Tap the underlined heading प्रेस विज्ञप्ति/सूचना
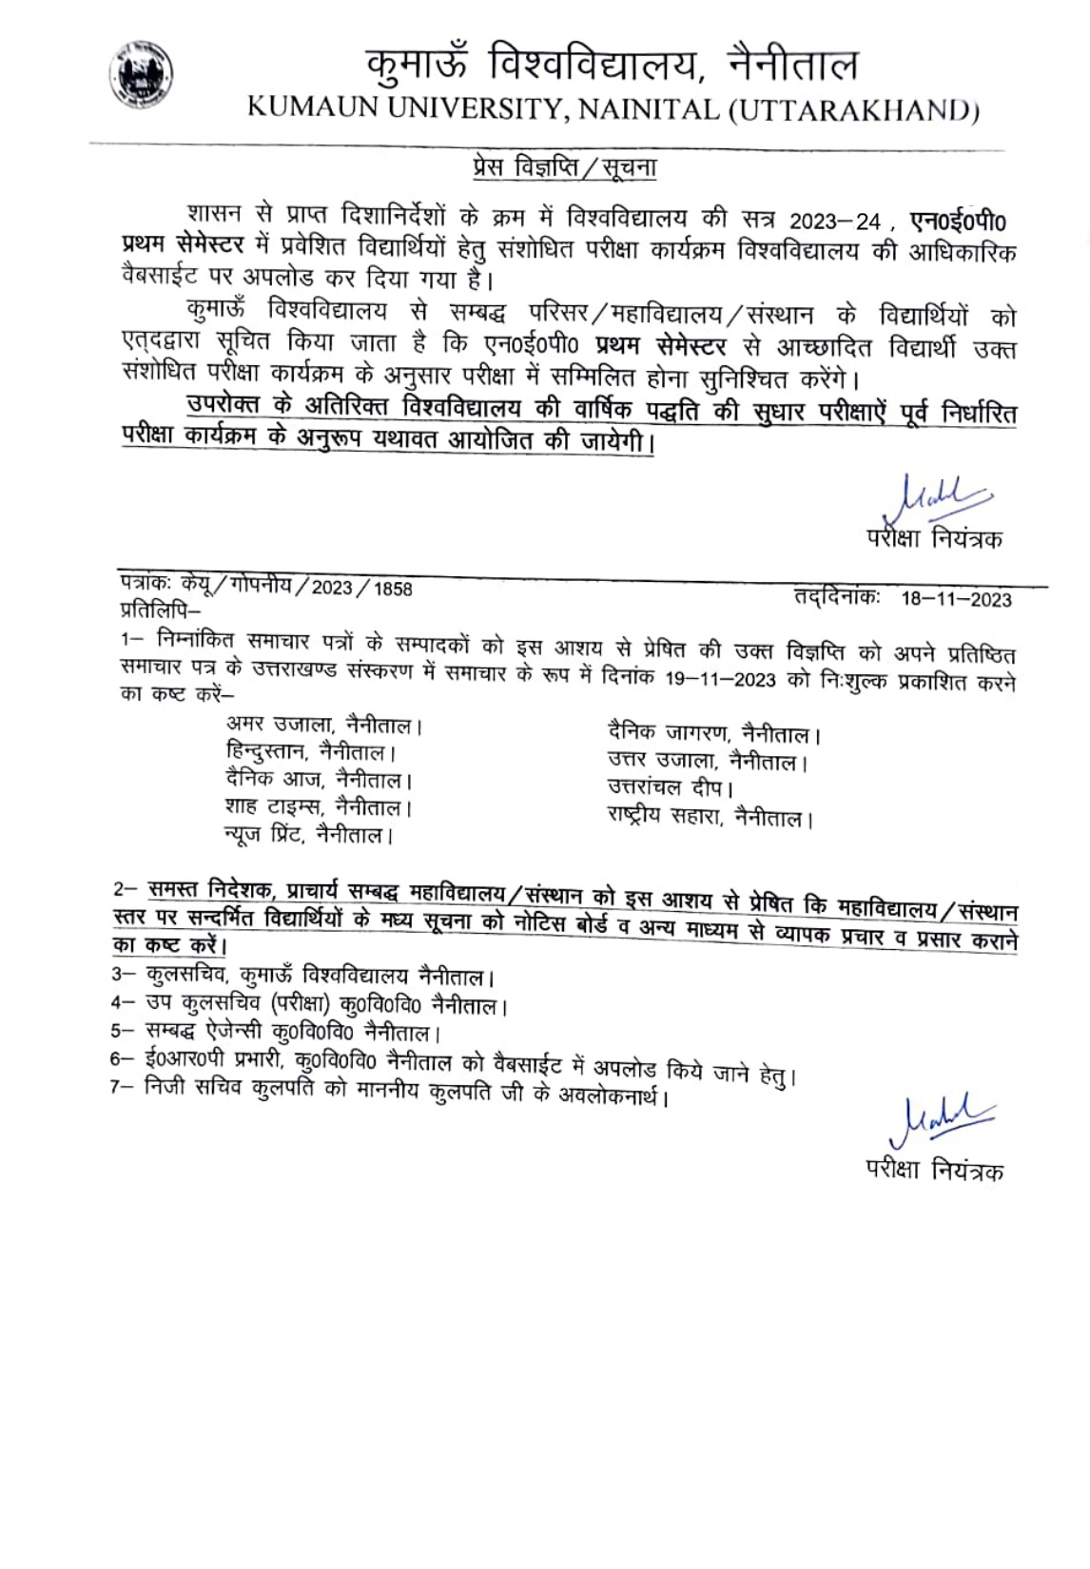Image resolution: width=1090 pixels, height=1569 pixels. [564, 167]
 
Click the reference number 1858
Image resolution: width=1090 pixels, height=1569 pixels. [393, 589]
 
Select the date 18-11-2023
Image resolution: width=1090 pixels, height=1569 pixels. [956, 599]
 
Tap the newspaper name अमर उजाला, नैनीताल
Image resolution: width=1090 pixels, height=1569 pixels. [323, 725]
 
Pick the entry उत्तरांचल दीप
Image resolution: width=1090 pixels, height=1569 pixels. [670, 787]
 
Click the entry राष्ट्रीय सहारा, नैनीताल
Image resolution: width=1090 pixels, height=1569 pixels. [710, 817]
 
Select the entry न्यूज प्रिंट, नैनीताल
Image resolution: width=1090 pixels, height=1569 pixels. [308, 835]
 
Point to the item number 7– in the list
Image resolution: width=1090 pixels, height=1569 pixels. [122, 1086]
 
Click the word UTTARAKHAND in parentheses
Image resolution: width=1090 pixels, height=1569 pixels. [853, 110]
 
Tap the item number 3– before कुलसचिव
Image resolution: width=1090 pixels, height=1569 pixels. [124, 974]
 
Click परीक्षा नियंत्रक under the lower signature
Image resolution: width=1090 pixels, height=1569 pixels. [934, 1170]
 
